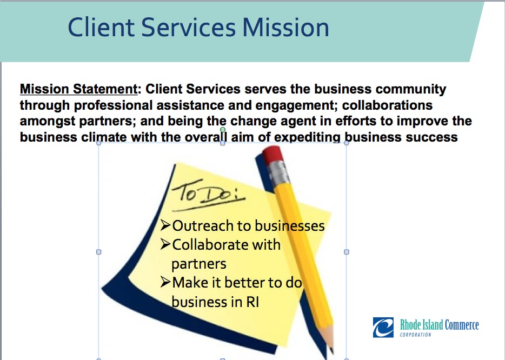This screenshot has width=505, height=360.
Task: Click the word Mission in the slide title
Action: pos(285,28)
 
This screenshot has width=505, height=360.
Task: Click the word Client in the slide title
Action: pos(101,28)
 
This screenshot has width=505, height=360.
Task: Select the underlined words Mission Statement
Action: pos(79,89)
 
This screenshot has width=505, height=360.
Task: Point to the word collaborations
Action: pos(387,105)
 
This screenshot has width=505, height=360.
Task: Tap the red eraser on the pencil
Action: pos(273,154)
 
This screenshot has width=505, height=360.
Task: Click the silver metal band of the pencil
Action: pos(278,172)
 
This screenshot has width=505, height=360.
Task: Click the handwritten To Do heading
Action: pos(208,195)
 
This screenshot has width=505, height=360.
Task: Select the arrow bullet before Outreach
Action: pos(165,225)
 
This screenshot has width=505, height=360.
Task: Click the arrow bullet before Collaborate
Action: pos(165,244)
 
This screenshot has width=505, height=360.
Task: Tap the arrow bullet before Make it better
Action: pos(165,282)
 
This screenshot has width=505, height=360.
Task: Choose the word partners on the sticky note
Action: pos(199,264)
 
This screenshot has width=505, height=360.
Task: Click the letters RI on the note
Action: pos(253,302)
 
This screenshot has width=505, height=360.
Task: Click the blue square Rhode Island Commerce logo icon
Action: pos(383,328)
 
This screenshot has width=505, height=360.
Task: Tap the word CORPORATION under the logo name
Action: pos(415,335)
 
